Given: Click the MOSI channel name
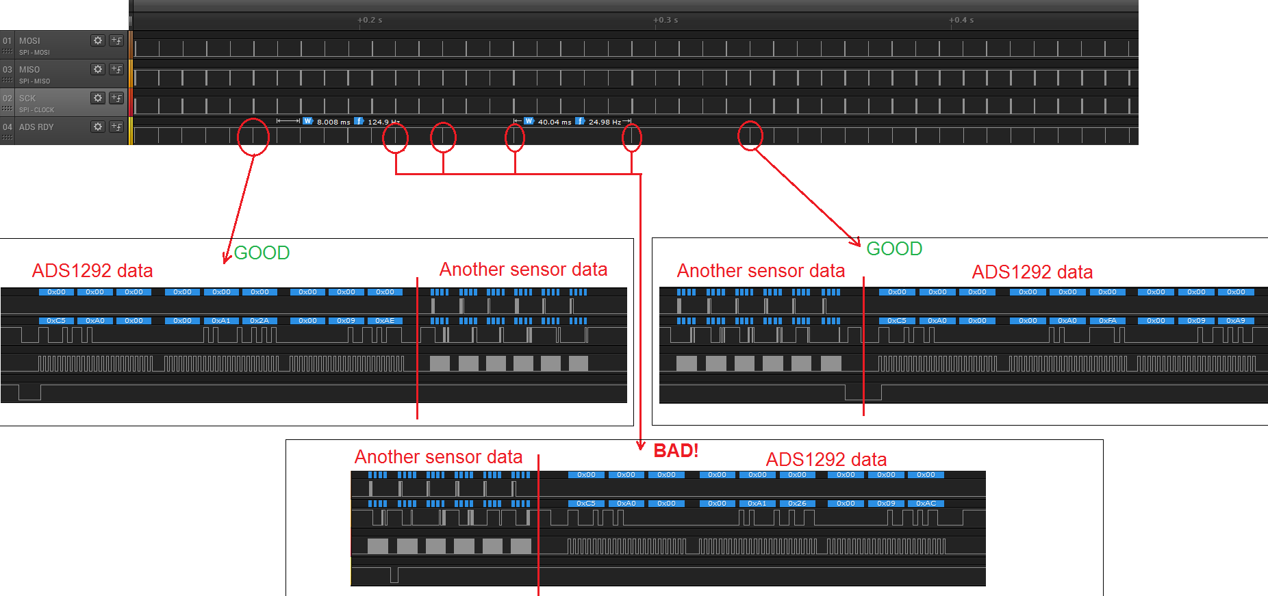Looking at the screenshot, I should pos(29,41).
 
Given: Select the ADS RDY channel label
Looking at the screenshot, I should pos(36,127).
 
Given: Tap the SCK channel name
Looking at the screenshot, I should pos(27,99).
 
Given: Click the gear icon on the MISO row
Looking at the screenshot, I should pos(98,69).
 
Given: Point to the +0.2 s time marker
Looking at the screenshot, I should pos(370,20).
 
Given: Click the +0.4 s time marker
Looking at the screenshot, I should pos(961,20).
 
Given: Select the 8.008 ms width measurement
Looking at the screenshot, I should pos(333,122).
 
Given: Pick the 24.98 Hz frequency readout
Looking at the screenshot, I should pos(605,122).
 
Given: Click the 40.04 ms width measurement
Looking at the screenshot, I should pos(555,122).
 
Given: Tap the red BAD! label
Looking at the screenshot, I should pos(676,451).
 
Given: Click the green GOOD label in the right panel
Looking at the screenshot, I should pos(894,249).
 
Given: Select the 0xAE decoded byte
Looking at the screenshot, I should pos(385,321).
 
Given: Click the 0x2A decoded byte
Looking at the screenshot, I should pos(259,321).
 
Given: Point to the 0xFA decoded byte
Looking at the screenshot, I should pos(1108,321).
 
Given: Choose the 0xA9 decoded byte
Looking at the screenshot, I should pos(1236,321).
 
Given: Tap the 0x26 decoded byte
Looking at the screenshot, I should pos(797,504).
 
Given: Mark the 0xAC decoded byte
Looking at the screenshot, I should pos(926,504).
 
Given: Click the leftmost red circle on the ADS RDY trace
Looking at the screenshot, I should pos(253,137).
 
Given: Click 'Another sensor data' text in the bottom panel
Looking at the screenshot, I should pos(438,457).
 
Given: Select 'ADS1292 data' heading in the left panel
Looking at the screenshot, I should pos(92,271).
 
